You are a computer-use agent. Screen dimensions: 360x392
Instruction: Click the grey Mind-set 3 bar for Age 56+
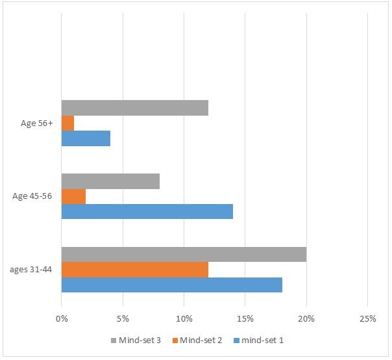tap(135, 108)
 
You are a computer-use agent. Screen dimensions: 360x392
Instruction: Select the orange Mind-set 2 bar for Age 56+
tap(67, 123)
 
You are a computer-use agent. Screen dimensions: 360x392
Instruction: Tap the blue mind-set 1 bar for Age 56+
tap(86, 138)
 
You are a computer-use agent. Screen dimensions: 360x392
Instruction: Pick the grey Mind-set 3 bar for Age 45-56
tap(110, 181)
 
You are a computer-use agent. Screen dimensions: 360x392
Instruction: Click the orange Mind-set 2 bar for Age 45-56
tap(73, 196)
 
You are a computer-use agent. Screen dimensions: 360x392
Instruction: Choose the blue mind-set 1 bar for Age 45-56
tap(147, 212)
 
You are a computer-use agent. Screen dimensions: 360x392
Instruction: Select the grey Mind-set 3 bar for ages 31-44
tap(184, 255)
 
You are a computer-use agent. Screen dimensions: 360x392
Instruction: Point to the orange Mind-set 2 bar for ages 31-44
tap(135, 270)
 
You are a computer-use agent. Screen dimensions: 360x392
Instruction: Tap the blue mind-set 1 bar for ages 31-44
tap(171, 285)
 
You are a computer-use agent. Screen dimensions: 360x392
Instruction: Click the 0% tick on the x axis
tap(62, 318)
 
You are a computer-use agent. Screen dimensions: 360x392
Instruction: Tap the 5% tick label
tap(123, 318)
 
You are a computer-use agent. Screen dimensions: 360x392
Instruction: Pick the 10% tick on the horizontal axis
tap(184, 318)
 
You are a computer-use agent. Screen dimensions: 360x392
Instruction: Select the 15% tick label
tap(245, 318)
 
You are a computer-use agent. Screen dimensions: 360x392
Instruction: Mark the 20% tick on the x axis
tap(306, 318)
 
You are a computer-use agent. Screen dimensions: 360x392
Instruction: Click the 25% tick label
tap(367, 318)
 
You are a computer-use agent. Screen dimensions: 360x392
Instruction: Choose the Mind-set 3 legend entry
tap(140, 341)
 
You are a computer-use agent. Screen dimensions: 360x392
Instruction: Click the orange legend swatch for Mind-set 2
tap(175, 341)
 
